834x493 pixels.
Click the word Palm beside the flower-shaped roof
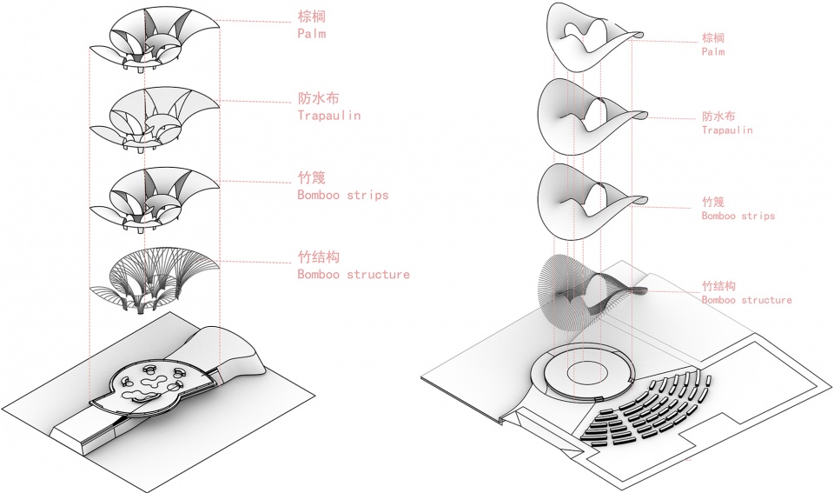(x=312, y=34)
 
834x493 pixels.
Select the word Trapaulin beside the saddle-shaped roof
(x=727, y=130)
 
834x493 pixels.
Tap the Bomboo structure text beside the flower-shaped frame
(x=354, y=274)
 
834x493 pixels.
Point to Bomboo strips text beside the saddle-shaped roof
(x=738, y=216)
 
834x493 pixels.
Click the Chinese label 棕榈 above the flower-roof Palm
(x=311, y=17)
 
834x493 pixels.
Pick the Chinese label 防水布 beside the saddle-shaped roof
(x=718, y=116)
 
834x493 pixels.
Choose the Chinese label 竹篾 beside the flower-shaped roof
(x=311, y=177)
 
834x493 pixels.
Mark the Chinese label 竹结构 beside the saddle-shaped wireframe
(x=718, y=286)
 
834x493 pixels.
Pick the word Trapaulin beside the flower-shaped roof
(x=328, y=115)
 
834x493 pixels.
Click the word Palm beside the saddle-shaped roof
(x=712, y=51)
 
